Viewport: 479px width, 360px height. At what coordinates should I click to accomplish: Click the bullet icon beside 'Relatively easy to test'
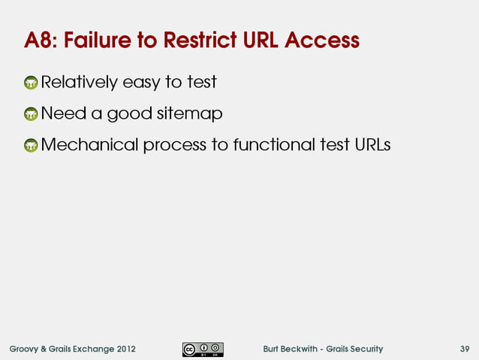point(31,82)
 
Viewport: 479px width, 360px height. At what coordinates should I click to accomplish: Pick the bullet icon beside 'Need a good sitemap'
point(31,114)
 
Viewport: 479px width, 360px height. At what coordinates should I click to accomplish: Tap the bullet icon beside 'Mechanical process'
point(31,146)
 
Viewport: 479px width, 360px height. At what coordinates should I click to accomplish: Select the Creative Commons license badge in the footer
point(202,349)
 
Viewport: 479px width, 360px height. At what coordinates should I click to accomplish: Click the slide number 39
point(465,349)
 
